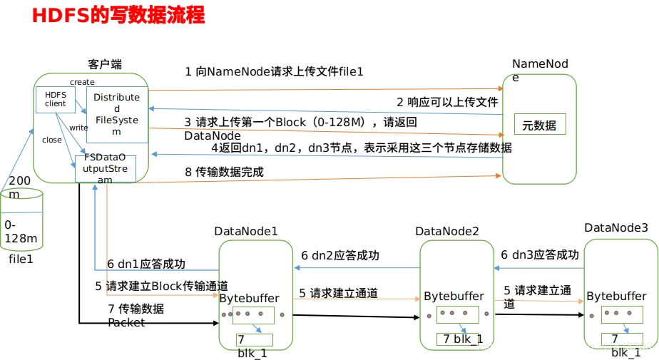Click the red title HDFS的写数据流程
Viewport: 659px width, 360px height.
(118, 16)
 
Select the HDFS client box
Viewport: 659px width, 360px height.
(55, 99)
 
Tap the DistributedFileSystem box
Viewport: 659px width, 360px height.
(116, 114)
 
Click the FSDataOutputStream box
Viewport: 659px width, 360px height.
(106, 168)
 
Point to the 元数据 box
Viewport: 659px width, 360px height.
(539, 125)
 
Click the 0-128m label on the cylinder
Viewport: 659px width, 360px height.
(20, 232)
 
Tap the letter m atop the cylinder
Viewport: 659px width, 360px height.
(14, 195)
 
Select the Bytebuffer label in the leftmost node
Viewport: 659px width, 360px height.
(249, 298)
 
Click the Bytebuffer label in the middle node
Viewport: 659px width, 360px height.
(454, 296)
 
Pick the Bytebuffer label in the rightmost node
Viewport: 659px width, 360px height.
(616, 296)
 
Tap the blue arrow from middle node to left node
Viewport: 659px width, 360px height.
(356, 267)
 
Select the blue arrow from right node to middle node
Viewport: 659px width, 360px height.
(538, 268)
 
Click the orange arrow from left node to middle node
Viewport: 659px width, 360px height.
(356, 299)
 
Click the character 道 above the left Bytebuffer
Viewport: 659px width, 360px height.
(223, 285)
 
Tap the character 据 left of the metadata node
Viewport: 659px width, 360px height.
(506, 148)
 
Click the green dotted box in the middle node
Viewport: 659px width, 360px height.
(457, 314)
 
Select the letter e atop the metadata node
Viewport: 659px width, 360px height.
(516, 78)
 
